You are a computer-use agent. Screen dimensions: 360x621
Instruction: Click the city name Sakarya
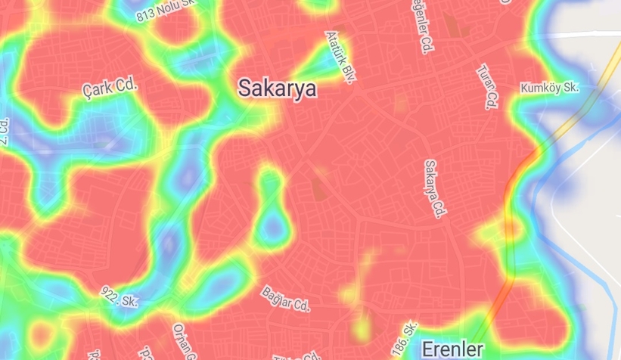277,88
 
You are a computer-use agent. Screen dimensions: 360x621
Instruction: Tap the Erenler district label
452,349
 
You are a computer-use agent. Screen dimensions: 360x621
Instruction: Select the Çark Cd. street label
110,87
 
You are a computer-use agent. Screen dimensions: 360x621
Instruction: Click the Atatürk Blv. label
340,57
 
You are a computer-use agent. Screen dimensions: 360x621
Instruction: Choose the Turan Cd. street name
487,86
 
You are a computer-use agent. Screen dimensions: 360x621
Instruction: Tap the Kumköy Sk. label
549,88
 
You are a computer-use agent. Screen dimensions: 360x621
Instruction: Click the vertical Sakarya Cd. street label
433,188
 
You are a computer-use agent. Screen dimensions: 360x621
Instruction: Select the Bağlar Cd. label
286,299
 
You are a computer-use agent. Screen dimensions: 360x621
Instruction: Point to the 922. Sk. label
120,296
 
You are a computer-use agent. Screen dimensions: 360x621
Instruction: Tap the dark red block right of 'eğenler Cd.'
453,27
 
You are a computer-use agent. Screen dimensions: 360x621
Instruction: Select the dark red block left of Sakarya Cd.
321,185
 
